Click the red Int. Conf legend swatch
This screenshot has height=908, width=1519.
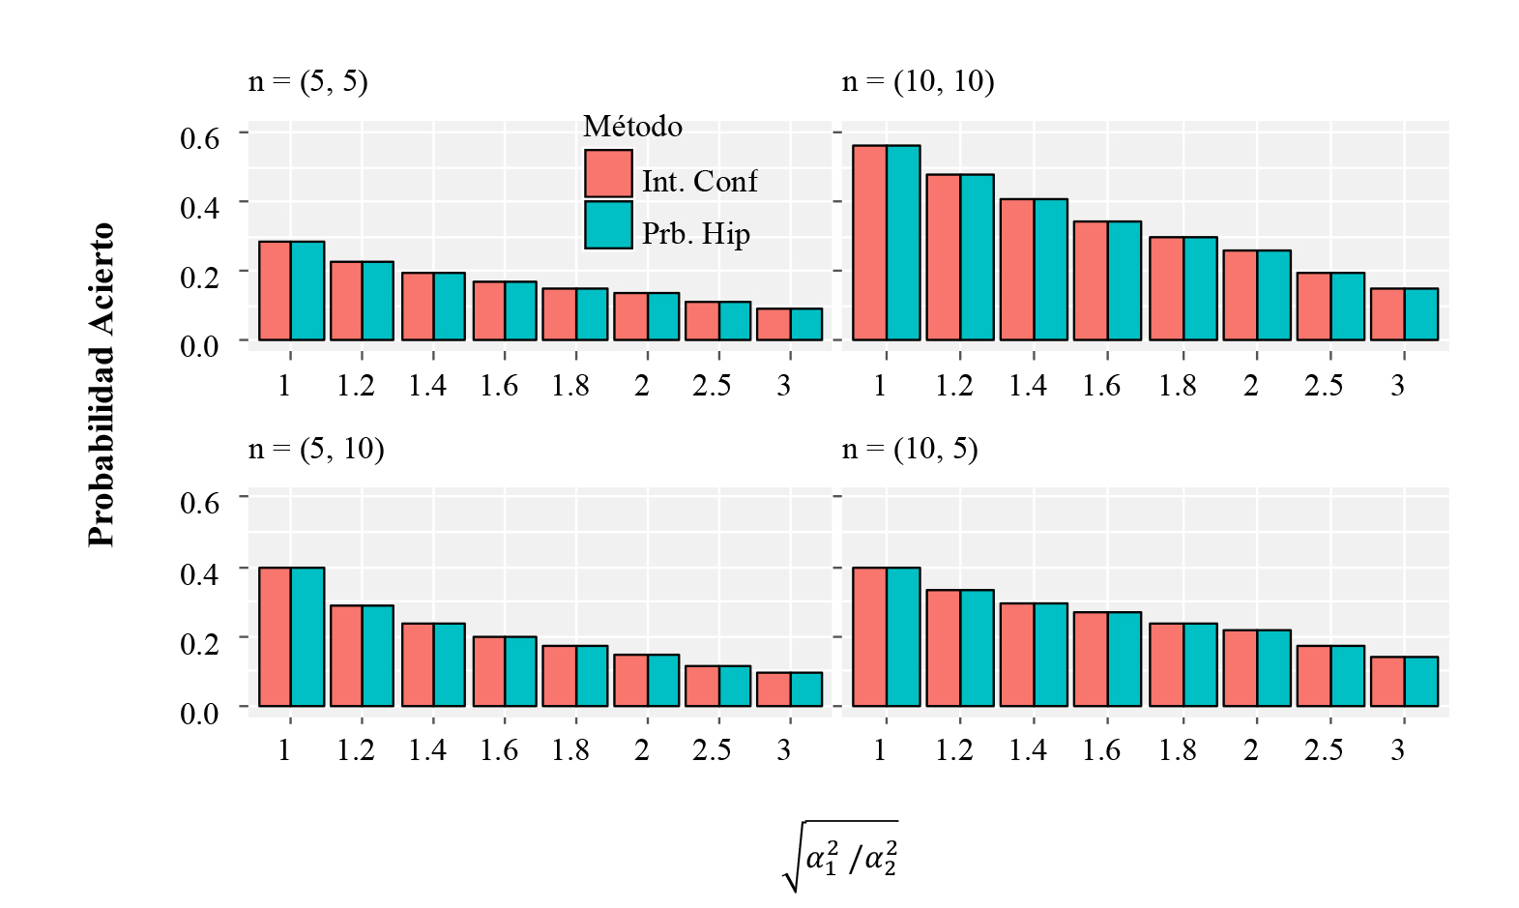[x=608, y=173]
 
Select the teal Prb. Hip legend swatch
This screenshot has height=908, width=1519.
[x=608, y=225]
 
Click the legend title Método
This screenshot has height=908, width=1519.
[x=632, y=127]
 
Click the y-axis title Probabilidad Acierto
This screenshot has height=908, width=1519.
[x=102, y=385]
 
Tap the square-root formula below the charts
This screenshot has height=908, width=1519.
[x=840, y=856]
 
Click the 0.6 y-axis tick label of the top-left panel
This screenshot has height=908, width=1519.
[x=200, y=137]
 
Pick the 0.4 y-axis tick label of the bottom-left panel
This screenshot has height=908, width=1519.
[x=200, y=573]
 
